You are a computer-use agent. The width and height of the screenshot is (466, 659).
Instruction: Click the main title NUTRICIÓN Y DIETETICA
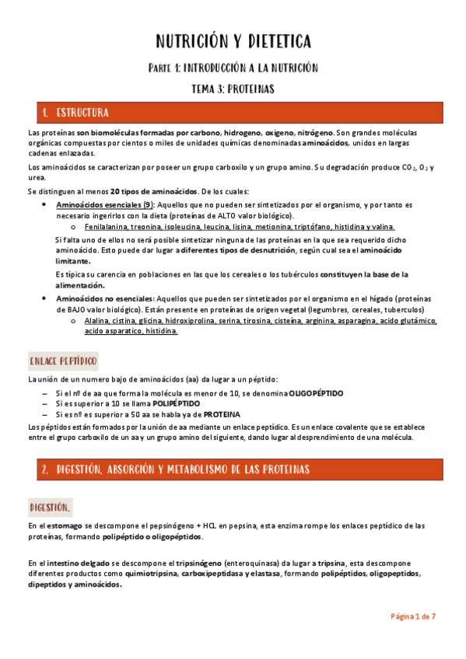[233, 40]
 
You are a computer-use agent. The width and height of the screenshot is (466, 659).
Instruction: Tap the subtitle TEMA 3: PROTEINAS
[233, 89]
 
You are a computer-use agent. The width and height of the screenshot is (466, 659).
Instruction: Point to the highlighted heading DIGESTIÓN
[51, 507]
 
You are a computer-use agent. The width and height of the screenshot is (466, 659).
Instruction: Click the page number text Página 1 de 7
[412, 616]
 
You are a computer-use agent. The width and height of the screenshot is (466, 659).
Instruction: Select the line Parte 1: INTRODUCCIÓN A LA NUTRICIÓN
[233, 68]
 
